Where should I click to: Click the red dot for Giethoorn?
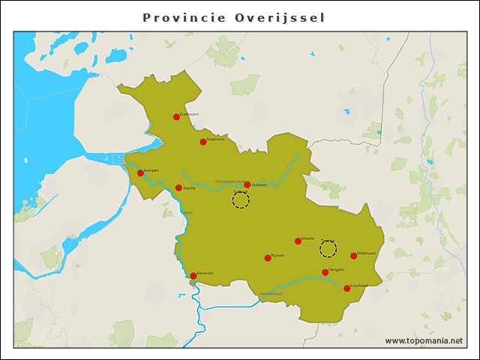pos(176,116)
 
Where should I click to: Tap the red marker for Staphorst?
pos(202,142)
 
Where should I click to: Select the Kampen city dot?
pos(140,173)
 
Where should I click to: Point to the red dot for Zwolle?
pos(178,188)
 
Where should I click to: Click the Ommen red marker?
pos(247,184)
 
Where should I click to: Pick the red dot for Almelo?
pos(298,241)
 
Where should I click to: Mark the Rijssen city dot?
pos(268,258)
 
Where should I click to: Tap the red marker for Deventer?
pos(193,276)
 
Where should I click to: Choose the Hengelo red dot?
pos(325,272)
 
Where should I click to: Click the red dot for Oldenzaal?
pos(353,256)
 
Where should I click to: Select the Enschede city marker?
pos(346,288)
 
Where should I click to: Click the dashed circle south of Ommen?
pos(241,200)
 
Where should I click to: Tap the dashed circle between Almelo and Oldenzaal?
pos(328,249)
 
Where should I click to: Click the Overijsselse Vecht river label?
pos(228,181)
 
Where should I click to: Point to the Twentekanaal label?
pos(271,293)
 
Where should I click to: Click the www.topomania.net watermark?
pos(424,340)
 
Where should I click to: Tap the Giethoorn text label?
pos(188,114)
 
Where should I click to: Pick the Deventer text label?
pos(205,273)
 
